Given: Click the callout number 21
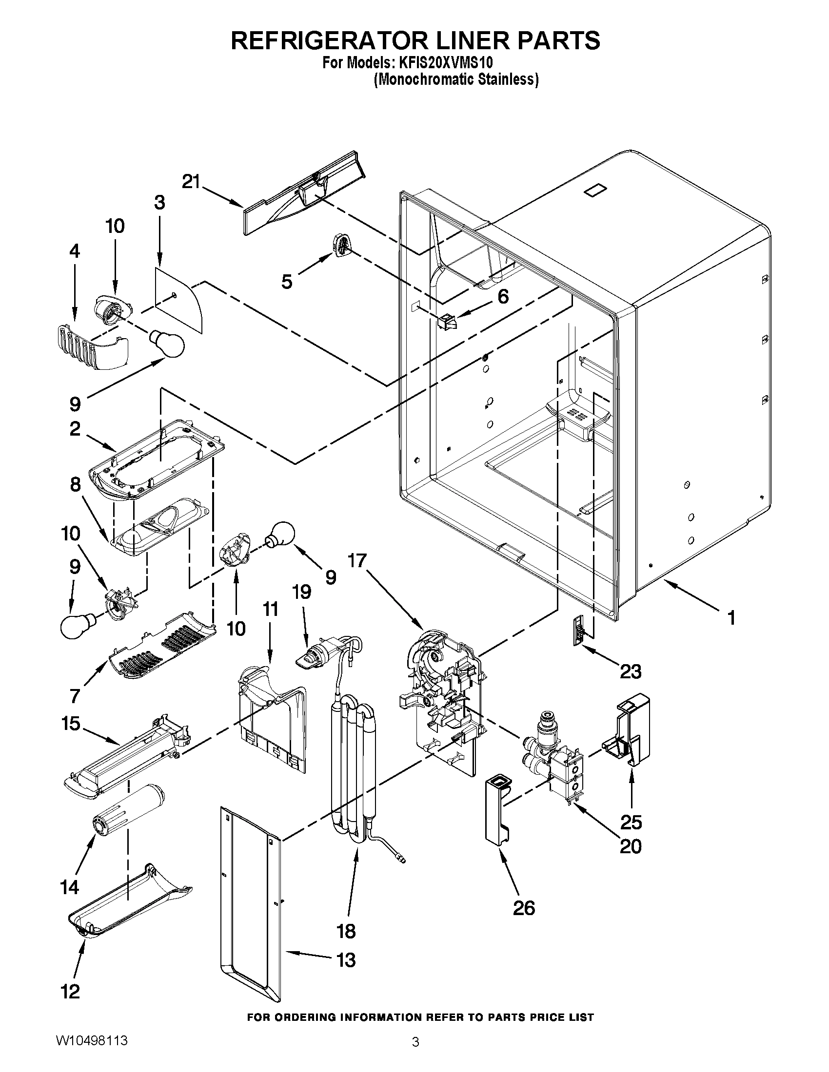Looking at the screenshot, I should tap(191, 182).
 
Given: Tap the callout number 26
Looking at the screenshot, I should tap(524, 908).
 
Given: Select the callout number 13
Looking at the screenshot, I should tap(346, 959).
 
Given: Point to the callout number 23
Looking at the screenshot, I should tap(631, 671).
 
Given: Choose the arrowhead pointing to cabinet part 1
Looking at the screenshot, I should tap(669, 584).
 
